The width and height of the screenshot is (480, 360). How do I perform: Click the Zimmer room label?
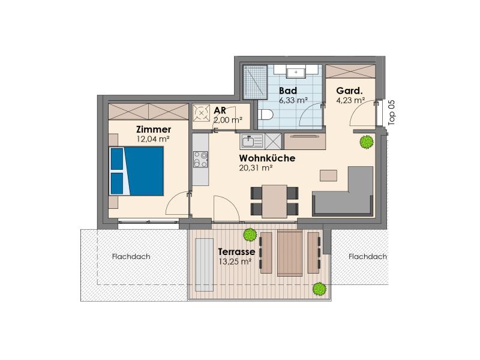(x=154, y=129)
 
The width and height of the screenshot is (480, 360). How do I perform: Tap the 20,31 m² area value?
(x=256, y=168)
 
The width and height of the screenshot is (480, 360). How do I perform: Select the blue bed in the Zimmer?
(x=137, y=171)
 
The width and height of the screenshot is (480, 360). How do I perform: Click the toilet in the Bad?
(x=265, y=115)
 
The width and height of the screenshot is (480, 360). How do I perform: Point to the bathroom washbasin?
(x=296, y=72)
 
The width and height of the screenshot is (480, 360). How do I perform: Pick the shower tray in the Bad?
(x=255, y=82)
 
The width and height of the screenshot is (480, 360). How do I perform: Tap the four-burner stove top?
(x=200, y=160)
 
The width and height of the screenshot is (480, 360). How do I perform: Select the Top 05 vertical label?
(x=392, y=112)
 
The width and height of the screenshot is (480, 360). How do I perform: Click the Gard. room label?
(x=349, y=91)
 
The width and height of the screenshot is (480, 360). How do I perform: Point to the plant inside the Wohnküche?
(x=367, y=142)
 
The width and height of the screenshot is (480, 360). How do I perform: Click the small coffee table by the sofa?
(x=328, y=176)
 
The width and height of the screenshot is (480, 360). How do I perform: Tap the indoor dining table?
(x=275, y=201)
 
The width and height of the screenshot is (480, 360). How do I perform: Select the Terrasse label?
(x=236, y=251)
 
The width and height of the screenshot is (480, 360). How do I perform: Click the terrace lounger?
(x=204, y=265)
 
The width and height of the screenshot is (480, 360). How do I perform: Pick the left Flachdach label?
(x=131, y=256)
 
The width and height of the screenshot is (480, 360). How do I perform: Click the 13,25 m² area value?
(x=235, y=262)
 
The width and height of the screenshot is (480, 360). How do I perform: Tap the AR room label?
(x=220, y=110)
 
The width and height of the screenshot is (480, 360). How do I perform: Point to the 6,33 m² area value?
(x=293, y=100)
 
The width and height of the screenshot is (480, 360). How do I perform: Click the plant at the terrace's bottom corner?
(x=319, y=289)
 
